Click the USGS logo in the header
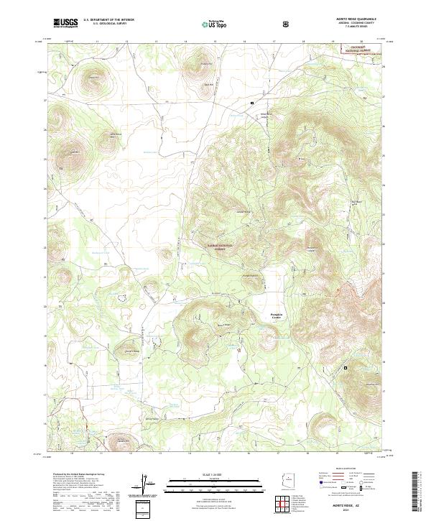66,23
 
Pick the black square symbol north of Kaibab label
252,103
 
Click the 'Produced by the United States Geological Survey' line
78,475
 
